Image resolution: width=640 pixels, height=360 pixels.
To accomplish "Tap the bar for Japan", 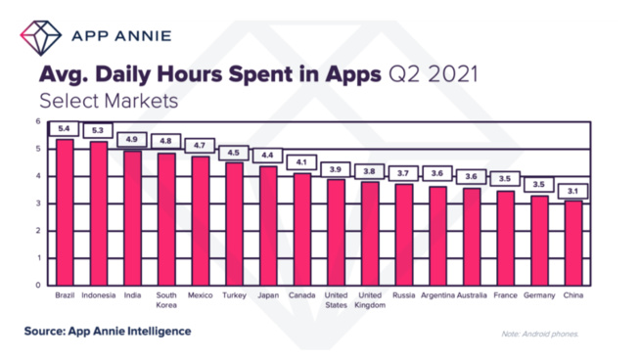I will click(x=267, y=225).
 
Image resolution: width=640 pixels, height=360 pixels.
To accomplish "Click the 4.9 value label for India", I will click(x=132, y=139).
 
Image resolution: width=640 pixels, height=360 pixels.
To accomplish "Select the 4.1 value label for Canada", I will click(x=301, y=161).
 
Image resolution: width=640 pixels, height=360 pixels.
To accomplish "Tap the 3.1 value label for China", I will click(x=572, y=191).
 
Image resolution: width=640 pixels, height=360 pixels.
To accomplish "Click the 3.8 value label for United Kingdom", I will click(x=369, y=170).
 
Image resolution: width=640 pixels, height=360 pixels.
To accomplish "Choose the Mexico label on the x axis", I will click(x=200, y=294).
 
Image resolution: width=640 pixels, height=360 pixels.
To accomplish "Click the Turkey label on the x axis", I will click(x=234, y=294).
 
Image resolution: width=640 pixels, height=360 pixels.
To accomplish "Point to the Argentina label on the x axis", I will click(x=437, y=294).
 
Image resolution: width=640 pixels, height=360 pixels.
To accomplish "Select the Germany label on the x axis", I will click(x=538, y=294).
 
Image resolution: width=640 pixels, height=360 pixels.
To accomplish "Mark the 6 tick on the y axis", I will click(x=38, y=122).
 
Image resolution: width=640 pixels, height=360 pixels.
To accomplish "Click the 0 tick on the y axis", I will click(x=38, y=285).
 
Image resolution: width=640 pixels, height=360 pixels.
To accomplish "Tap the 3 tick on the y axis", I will click(x=38, y=203).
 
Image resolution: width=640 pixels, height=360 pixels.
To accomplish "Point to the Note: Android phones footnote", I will click(x=539, y=334).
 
